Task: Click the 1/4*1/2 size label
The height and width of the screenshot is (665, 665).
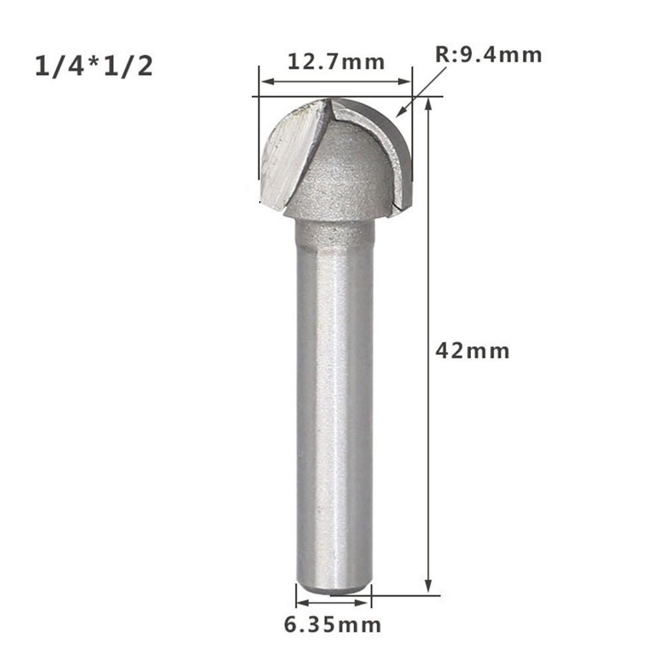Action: [x=94, y=67]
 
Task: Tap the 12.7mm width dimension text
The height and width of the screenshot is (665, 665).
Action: [x=335, y=62]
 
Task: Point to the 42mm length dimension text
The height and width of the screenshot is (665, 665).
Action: [x=472, y=350]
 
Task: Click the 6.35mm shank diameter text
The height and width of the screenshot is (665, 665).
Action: [x=333, y=624]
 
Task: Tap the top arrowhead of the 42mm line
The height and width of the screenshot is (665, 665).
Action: [x=429, y=104]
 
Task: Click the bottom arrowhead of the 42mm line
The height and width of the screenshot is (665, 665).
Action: [x=429, y=588]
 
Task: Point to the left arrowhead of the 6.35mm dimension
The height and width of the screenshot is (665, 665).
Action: [x=300, y=603]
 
